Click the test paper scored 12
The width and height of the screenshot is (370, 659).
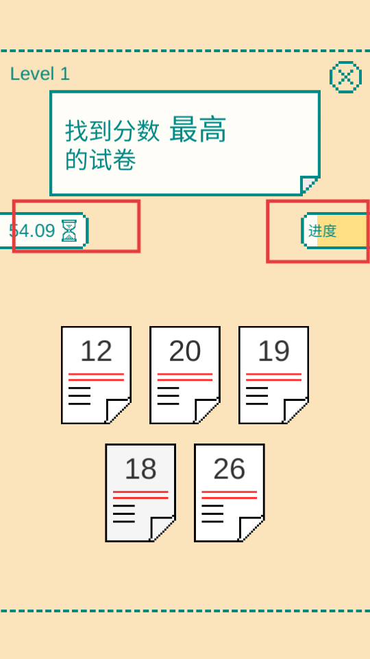coord(96,375)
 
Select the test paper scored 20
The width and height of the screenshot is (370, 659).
coord(185,375)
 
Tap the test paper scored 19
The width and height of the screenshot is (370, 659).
coord(274,375)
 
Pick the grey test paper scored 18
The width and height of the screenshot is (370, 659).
coord(140,493)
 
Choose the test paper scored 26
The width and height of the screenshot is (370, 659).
coord(230,493)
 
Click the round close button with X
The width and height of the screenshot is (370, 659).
coord(345,77)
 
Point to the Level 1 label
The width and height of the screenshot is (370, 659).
coord(40,74)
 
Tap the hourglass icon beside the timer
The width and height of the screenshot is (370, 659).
coord(69,231)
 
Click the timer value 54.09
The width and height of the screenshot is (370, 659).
coord(32,231)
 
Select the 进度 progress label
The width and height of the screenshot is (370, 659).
coord(323,231)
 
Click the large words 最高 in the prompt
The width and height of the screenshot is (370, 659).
coord(198,130)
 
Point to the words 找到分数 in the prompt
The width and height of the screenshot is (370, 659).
coord(112,131)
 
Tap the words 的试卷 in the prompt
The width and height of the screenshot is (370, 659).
coord(100,160)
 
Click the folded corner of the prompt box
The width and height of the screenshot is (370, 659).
coord(309,185)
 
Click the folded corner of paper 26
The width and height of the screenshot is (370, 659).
coord(251,529)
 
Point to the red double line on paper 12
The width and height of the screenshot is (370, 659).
coord(96,377)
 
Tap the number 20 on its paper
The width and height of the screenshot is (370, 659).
coord(185,351)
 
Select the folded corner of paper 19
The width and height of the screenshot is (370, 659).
coord(296,411)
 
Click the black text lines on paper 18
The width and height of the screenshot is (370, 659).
coord(124,513)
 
